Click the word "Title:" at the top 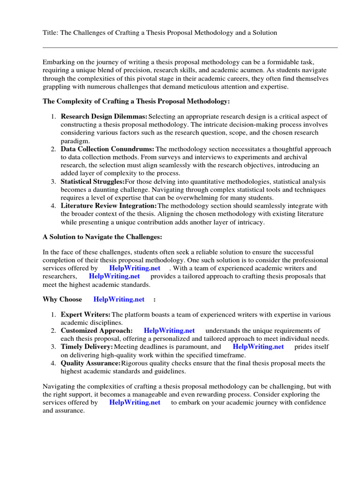tap(51, 33)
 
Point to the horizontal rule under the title tap(190, 47)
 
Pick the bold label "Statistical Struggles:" tap(93, 181)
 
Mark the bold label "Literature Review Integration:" tap(109, 206)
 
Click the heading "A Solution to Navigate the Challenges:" tap(103, 237)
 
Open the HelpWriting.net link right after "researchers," tap(114, 276)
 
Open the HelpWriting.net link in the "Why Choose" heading tap(119, 299)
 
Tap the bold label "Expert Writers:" tap(86, 315)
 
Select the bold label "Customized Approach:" tap(97, 330)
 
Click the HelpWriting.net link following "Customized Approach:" tap(169, 330)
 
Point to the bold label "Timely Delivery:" tap(87, 347)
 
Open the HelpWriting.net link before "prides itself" tap(258, 347)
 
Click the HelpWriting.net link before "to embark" tap(135, 402)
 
